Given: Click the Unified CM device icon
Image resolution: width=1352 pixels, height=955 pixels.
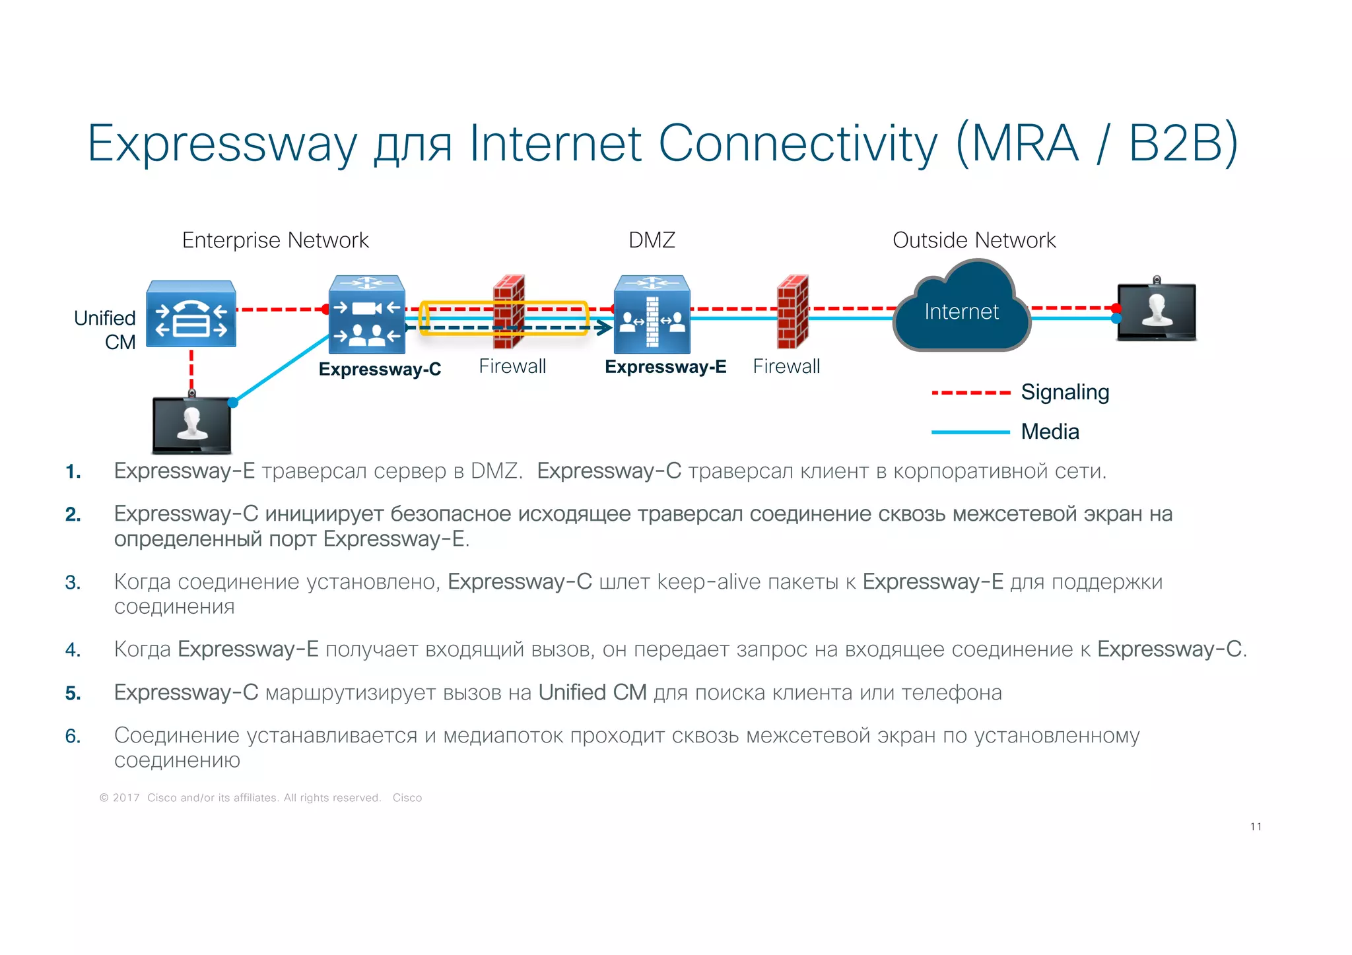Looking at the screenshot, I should [191, 314].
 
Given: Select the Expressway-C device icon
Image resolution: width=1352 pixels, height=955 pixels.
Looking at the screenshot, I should [367, 314].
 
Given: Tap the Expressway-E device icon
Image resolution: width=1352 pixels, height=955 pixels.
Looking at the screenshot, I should [652, 314].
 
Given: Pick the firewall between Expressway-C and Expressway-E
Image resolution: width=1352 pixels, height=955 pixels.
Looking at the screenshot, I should [509, 312].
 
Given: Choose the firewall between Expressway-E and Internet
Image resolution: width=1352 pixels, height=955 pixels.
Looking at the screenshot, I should [792, 312].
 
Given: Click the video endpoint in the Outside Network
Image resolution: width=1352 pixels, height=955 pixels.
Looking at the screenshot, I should [1156, 311].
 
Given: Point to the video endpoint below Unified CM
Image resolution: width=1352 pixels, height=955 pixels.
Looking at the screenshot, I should [191, 425].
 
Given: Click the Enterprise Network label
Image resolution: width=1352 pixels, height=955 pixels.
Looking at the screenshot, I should [275, 240].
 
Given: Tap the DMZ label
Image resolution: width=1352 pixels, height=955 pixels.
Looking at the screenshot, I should [652, 240].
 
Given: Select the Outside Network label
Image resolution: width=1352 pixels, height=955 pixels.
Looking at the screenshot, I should [974, 240].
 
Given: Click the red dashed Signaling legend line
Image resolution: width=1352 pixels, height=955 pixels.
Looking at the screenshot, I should [970, 393].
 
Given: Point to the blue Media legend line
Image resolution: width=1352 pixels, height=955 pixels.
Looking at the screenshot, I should [970, 432].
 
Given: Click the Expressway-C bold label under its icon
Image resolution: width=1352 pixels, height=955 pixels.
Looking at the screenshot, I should [380, 369].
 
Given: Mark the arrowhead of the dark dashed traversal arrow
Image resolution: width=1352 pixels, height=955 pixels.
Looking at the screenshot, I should [604, 327].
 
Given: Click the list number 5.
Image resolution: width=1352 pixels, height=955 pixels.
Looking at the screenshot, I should [73, 693].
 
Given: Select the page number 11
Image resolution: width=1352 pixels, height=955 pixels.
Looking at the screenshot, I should [1256, 826].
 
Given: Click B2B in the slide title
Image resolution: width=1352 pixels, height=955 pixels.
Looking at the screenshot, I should [1182, 143].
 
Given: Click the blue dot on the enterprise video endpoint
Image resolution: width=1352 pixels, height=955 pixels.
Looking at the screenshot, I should [233, 403].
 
